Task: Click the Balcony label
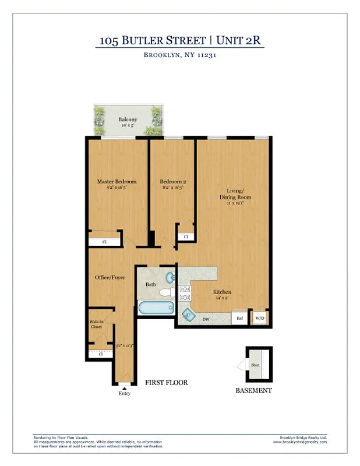[x=128, y=120]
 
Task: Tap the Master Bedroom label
[x=117, y=181]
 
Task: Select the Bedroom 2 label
[x=172, y=181]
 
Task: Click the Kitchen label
[x=222, y=292]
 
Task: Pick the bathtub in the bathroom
[x=156, y=308]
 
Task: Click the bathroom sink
[x=170, y=277]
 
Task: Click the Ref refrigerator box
[x=239, y=318]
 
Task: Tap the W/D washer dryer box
[x=259, y=318]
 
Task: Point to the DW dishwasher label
[x=206, y=319]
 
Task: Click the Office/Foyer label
[x=110, y=277]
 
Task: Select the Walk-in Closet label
[x=96, y=324]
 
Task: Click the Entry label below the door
[x=124, y=393]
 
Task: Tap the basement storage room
[x=255, y=365]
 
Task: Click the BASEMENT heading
[x=253, y=390]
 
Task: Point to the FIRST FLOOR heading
[x=166, y=383]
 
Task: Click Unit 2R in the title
[x=240, y=40]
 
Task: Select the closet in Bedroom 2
[x=185, y=236]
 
